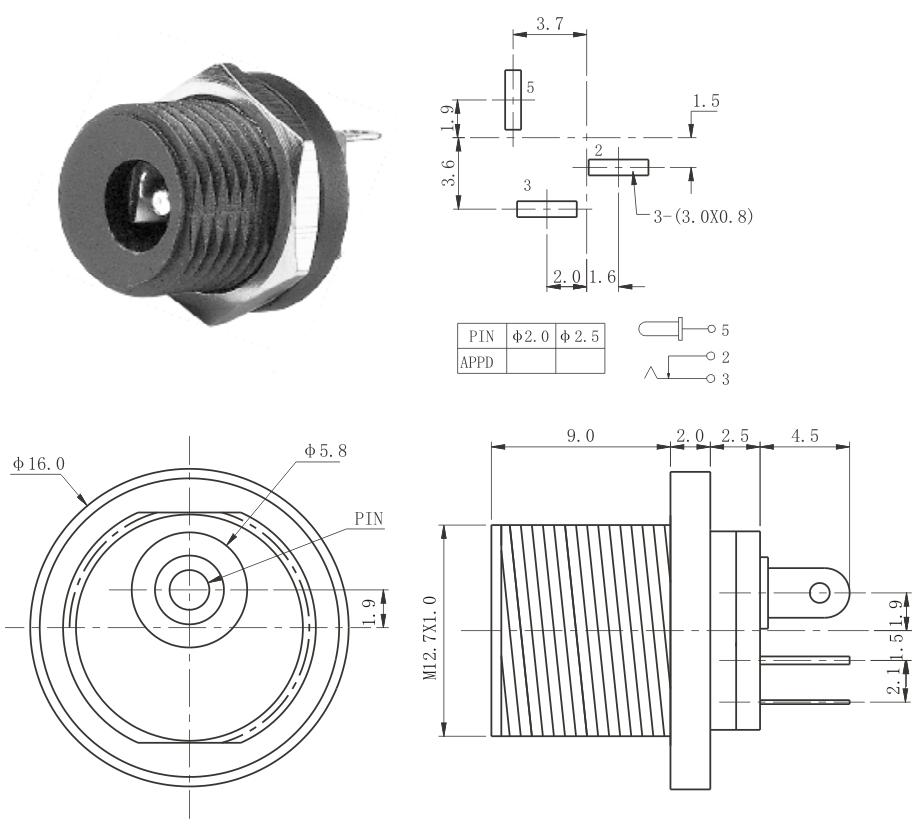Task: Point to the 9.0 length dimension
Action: [x=581, y=436]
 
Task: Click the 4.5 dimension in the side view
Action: [x=803, y=436]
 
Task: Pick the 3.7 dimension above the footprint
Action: [x=549, y=23]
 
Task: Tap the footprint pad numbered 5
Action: [x=513, y=100]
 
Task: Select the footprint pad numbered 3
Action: [x=547, y=209]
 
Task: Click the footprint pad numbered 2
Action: [x=618, y=168]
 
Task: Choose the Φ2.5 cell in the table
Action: [x=580, y=337]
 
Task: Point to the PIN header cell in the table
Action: [x=482, y=337]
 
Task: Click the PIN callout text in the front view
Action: [x=369, y=519]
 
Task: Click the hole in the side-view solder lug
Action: [x=822, y=593]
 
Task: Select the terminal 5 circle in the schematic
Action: [x=711, y=328]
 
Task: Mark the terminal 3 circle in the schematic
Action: [x=711, y=379]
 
